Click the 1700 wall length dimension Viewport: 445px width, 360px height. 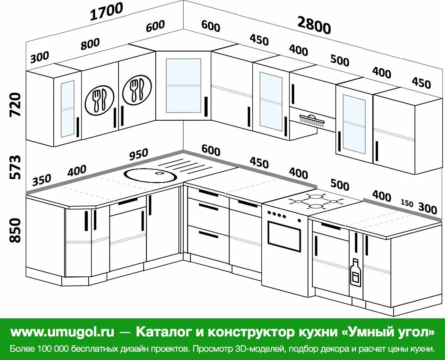(107, 11)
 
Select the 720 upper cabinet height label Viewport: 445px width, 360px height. (16, 104)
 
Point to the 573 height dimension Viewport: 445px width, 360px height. (16, 168)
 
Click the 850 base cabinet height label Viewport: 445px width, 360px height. (16, 230)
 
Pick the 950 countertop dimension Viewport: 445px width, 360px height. (139, 154)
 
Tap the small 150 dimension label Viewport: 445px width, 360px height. (407, 203)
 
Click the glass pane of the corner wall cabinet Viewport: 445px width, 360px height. (183, 85)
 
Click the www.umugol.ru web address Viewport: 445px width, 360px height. (62, 332)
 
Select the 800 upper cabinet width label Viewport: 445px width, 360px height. (90, 44)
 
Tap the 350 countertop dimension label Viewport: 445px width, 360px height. (42, 180)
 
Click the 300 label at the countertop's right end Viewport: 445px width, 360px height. (427, 208)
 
